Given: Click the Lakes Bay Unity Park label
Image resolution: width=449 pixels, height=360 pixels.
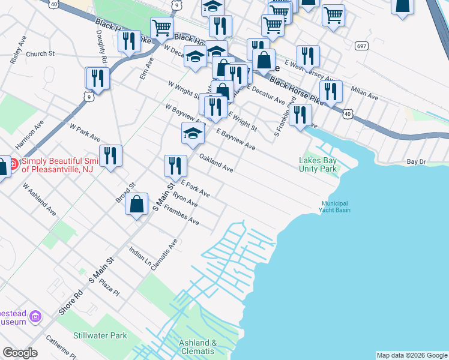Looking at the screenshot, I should point(318,164).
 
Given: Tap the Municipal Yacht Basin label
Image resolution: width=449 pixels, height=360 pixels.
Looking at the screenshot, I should point(335,206).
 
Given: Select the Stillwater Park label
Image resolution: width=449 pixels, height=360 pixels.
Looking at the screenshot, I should point(100,335).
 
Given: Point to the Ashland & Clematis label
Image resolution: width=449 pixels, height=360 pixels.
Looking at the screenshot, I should point(197,347).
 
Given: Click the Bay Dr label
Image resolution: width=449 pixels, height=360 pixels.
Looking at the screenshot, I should point(416,161).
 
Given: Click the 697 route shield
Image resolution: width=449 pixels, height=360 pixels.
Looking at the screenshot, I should point(361,46).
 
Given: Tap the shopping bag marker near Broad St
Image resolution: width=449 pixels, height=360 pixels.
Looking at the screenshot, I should point(137,203).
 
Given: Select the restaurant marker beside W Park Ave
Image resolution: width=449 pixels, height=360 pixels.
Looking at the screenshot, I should point(110,155).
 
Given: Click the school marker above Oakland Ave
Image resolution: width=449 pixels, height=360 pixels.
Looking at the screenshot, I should point(193,133).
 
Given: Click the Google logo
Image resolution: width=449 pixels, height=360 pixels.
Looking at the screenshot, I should point(20,353).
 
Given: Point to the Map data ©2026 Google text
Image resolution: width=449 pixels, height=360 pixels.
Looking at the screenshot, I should point(412,355).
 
